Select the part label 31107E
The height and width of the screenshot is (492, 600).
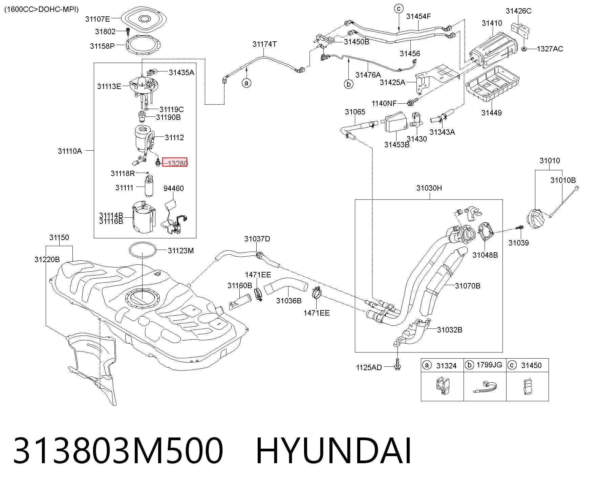click(98, 19)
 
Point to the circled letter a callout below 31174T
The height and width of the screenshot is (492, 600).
click(247, 83)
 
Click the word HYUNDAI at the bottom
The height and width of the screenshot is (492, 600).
click(334, 451)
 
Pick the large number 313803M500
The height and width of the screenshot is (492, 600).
click(118, 451)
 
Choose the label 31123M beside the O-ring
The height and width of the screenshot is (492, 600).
click(181, 251)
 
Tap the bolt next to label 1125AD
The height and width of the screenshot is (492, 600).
click(398, 364)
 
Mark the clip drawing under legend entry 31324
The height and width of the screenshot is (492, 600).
click(442, 386)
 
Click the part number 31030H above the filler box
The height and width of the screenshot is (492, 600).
click(429, 188)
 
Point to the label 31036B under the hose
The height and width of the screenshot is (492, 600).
click(289, 301)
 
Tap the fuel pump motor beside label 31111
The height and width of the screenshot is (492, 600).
click(149, 185)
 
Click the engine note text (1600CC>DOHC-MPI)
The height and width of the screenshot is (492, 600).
click(41, 9)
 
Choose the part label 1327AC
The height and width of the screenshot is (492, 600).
click(550, 49)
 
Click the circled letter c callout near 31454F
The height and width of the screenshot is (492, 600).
click(399, 8)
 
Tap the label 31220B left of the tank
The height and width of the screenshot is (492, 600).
click(47, 259)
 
